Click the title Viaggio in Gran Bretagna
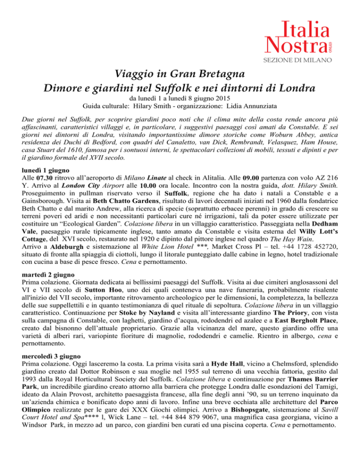tap(180, 75)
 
